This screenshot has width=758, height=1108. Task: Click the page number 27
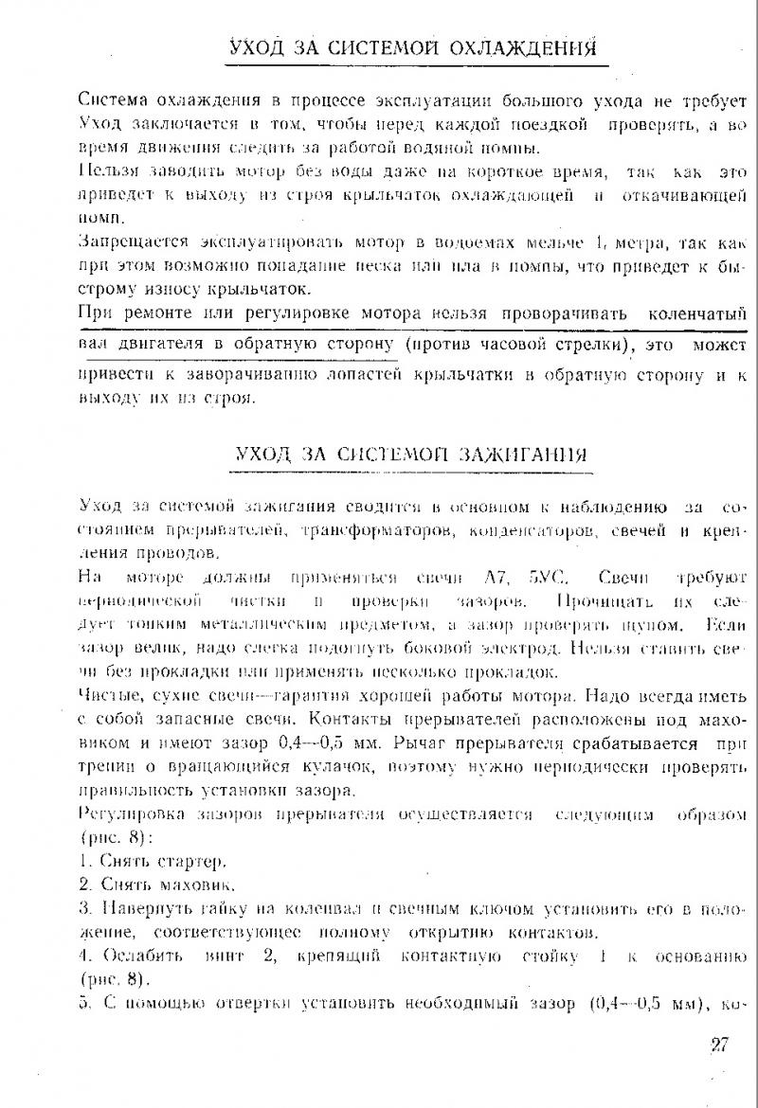716,1045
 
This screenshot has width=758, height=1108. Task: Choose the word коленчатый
697,313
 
